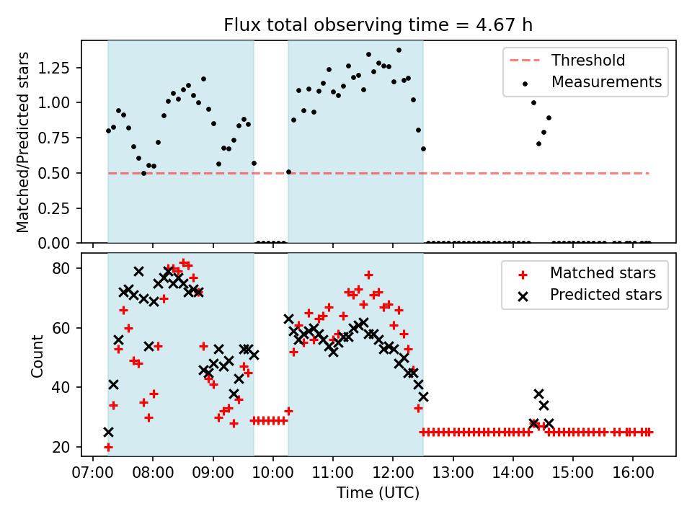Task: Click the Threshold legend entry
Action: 588,60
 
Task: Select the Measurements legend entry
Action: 606,81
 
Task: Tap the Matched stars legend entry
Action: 603,273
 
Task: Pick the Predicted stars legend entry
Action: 605,295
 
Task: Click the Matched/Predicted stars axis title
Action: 23,142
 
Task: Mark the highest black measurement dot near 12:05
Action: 399,50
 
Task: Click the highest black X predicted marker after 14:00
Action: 538,394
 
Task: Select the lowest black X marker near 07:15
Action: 108,432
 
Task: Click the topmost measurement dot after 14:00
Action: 533,102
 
